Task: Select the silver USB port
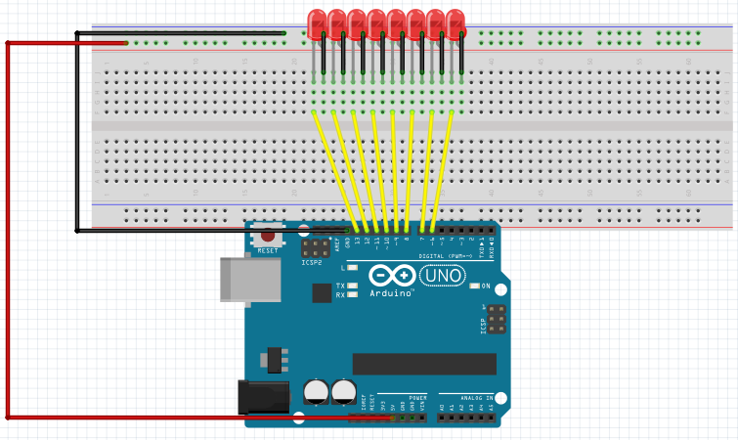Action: (248, 278)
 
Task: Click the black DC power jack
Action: (264, 396)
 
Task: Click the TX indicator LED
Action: (351, 285)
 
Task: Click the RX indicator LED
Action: (351, 294)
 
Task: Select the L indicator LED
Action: (351, 267)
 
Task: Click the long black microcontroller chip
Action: (423, 364)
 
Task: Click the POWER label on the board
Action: (417, 398)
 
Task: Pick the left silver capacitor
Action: (317, 392)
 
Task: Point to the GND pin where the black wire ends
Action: (347, 232)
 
